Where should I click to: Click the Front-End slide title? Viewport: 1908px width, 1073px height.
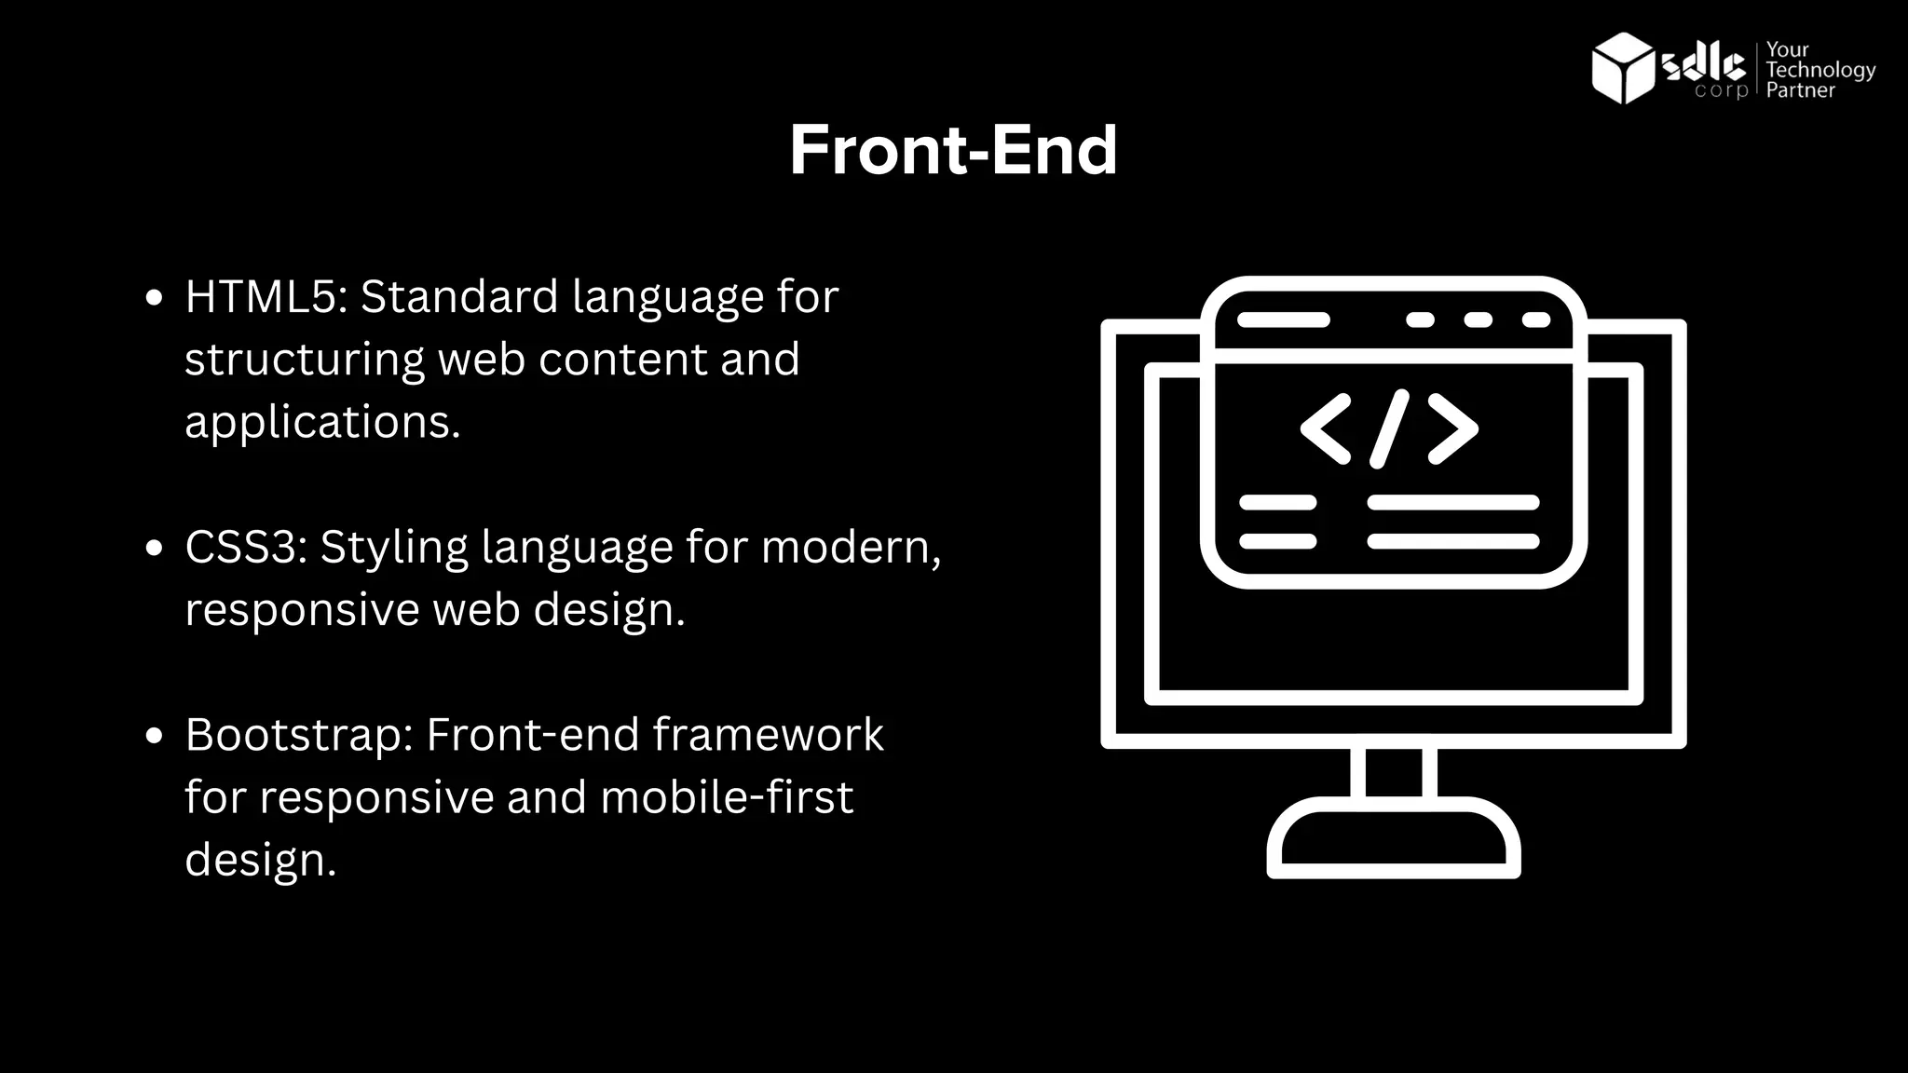coord(952,150)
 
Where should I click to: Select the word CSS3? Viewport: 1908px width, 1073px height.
coord(245,547)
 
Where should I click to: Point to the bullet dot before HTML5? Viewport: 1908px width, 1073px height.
coord(155,299)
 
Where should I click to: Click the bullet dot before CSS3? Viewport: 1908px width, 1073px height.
coord(155,549)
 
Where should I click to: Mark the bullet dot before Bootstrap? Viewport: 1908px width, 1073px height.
coord(155,737)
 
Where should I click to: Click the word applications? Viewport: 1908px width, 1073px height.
coord(321,422)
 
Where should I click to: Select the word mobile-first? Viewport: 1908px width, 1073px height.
coord(726,797)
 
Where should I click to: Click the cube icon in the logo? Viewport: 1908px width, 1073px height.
coord(1622,67)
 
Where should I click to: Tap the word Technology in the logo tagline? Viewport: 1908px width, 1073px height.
coord(1820,70)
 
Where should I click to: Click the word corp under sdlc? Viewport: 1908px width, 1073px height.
coord(1720,91)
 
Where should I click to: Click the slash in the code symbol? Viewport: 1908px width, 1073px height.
coord(1389,428)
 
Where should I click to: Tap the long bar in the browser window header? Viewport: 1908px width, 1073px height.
coord(1283,320)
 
